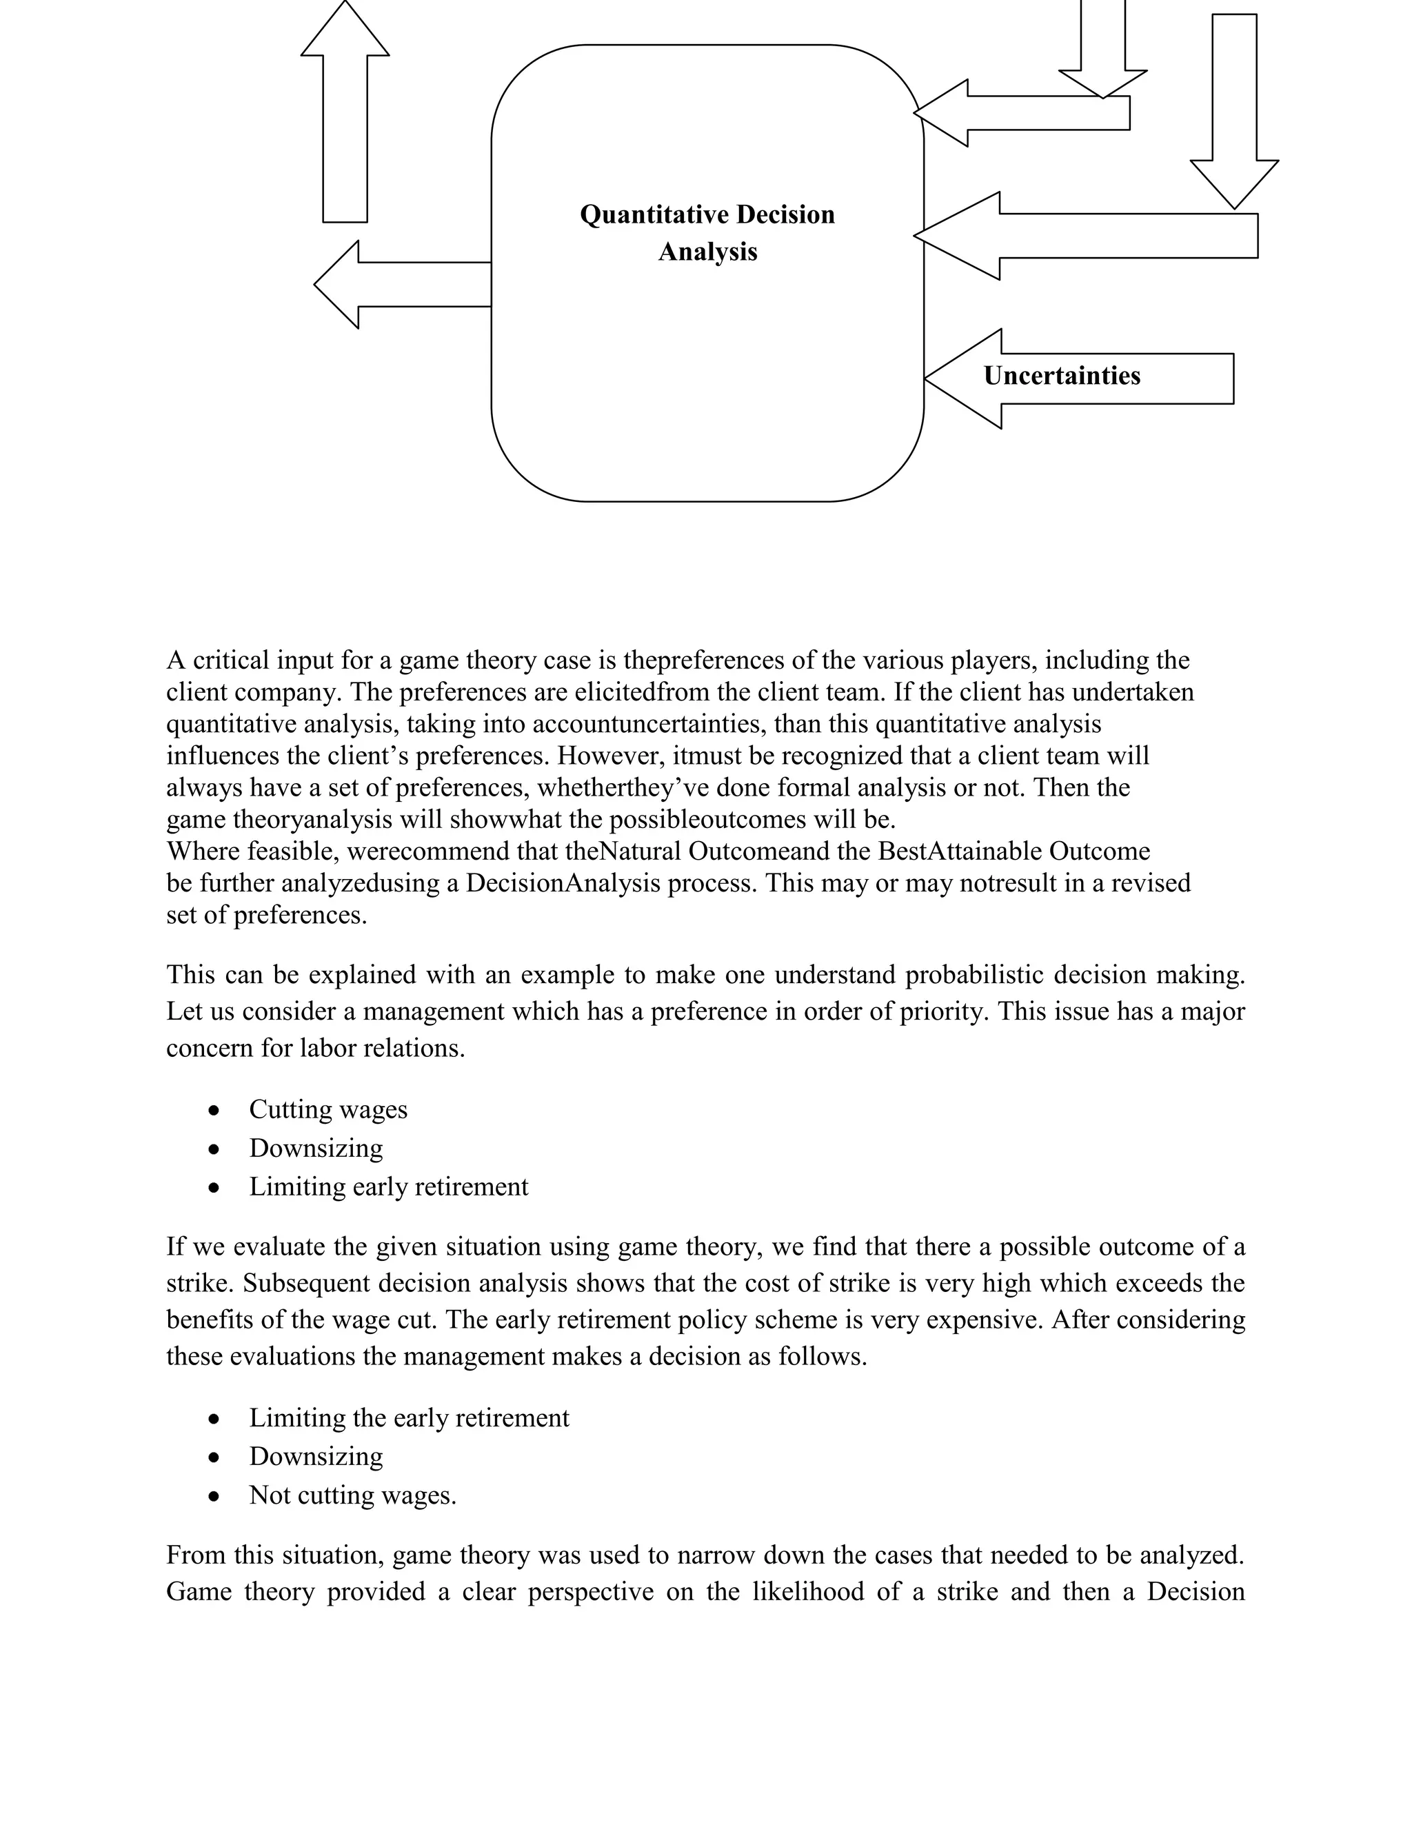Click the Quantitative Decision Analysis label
pyautogui.click(x=707, y=232)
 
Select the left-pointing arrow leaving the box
pyautogui.click(x=401, y=285)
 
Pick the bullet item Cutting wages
pyautogui.click(x=328, y=1109)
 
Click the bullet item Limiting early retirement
pyautogui.click(x=388, y=1187)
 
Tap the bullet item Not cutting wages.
pyautogui.click(x=352, y=1495)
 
